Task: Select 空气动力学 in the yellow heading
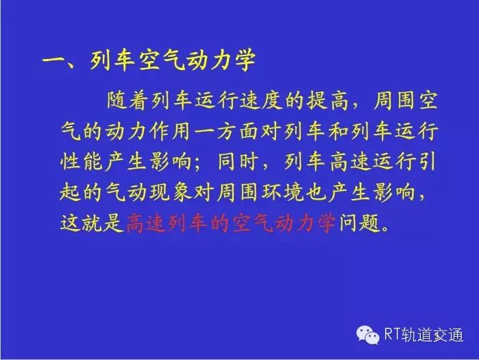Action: pos(197,59)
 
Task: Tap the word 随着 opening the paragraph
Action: pos(129,101)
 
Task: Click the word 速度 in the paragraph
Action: pos(262,101)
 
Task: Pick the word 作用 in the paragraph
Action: pos(170,132)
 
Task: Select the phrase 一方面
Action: pos(226,132)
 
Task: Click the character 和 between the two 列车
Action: pos(339,132)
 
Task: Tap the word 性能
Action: pos(82,161)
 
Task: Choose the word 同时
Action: pos(237,161)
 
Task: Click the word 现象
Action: pos(170,192)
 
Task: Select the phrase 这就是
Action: pos(93,222)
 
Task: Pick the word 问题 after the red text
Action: pos(359,222)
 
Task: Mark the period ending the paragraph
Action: pos(386,228)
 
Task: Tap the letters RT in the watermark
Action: pos(392,334)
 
